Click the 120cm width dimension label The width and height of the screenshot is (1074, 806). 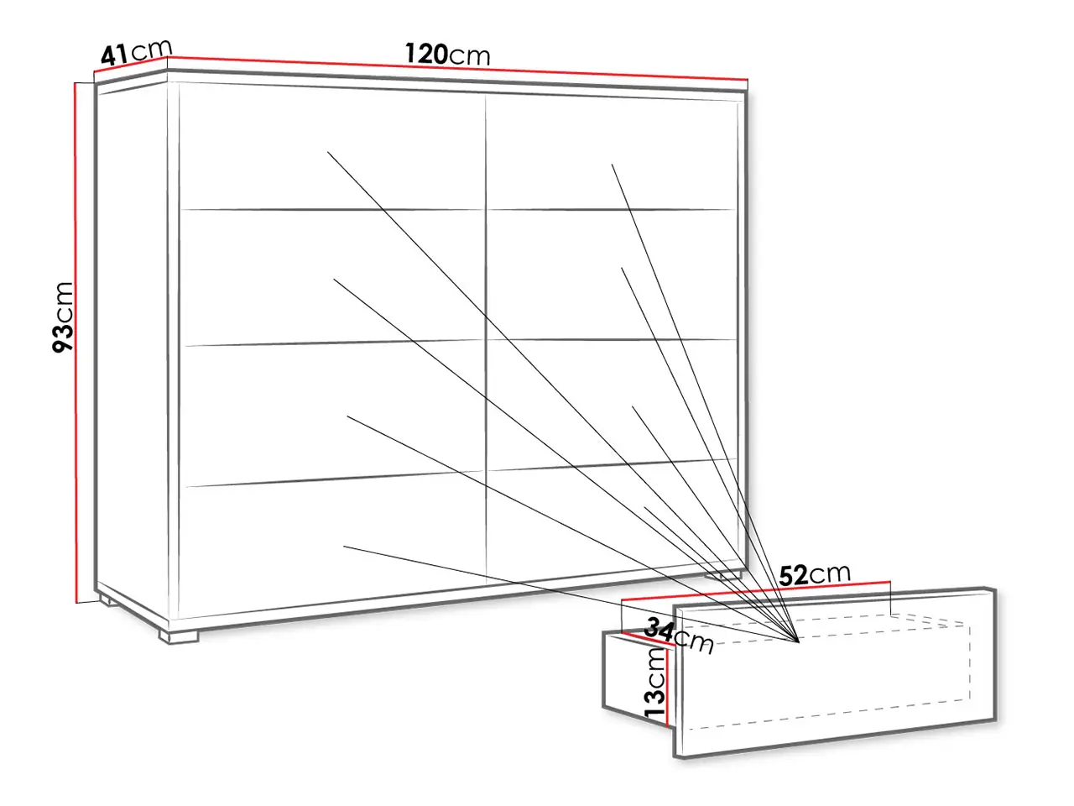[447, 55]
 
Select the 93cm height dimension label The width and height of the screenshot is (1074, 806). [63, 317]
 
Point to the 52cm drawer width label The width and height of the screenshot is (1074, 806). [815, 574]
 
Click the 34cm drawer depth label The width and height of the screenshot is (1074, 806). [679, 636]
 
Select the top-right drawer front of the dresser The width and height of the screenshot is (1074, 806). [612, 153]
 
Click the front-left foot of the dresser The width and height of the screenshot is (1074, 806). [179, 636]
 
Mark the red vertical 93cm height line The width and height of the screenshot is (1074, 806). [76, 343]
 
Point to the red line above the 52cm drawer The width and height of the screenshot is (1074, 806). [756, 590]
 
